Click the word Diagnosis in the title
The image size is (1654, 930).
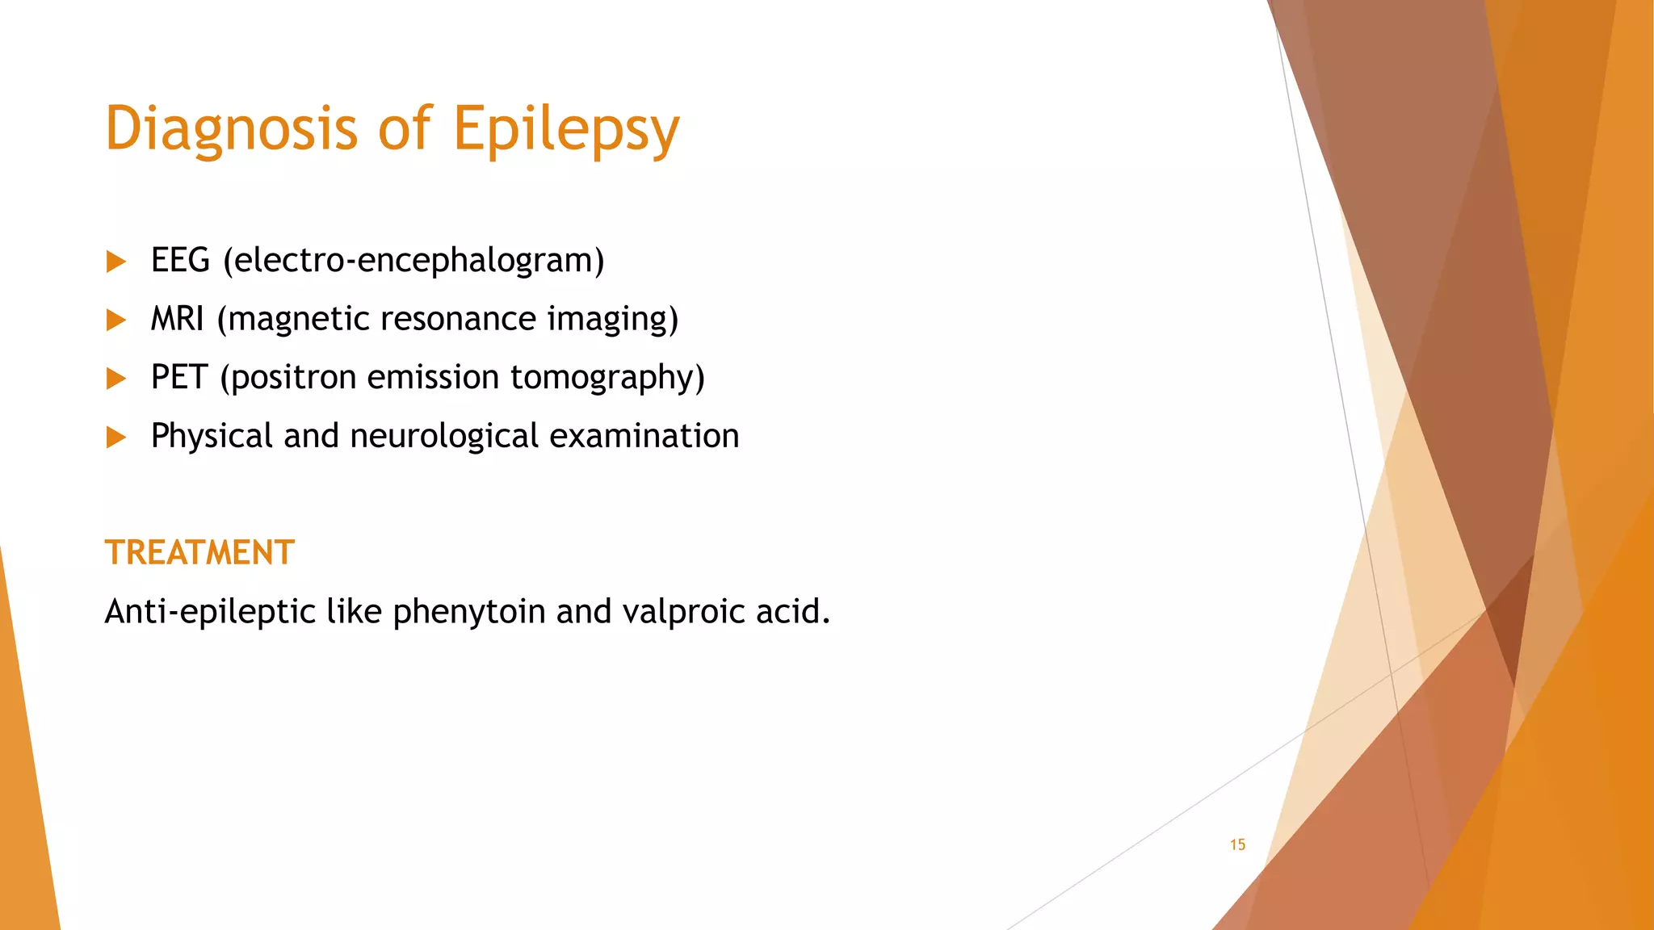[x=231, y=129]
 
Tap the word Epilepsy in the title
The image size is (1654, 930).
[x=566, y=129]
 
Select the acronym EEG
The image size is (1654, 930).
[x=180, y=261]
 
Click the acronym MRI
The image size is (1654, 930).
[x=177, y=319]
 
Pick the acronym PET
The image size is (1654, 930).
[x=179, y=378]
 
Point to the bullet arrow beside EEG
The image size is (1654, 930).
[x=116, y=262]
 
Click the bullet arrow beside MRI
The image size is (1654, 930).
[x=116, y=320]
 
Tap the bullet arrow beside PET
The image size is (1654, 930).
[x=116, y=379]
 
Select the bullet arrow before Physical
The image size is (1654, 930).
[x=116, y=438]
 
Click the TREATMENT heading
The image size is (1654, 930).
[x=199, y=553]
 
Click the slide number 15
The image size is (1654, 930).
[x=1237, y=844]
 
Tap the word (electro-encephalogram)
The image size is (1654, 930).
[x=413, y=261]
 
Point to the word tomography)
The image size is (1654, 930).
[x=607, y=378]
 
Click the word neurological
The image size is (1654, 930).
[x=443, y=436]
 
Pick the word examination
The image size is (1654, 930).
[x=644, y=436]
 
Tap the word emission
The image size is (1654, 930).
[x=433, y=378]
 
